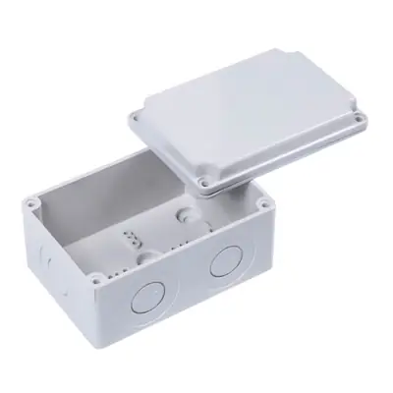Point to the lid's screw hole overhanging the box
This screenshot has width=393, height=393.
point(204,183)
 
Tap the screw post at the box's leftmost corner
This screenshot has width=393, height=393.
point(32,200)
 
